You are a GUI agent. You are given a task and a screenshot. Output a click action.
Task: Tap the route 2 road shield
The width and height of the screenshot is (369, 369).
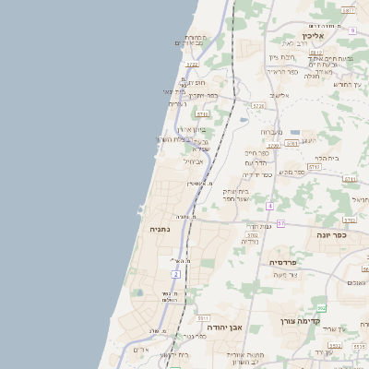click(x=175, y=274)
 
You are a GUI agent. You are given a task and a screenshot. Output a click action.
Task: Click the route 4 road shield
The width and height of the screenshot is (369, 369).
click(x=269, y=206)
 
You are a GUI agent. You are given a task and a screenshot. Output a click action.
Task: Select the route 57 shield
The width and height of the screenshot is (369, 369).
click(x=280, y=224)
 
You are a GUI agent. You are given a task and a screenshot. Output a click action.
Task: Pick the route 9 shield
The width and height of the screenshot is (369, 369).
click(x=352, y=30)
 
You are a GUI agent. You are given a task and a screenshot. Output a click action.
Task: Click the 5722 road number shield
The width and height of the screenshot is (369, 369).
click(x=192, y=65)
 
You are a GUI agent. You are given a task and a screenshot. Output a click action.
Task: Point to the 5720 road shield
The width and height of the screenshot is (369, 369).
click(x=258, y=106)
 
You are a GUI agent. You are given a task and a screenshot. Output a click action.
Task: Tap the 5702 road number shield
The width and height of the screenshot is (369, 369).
click(x=252, y=235)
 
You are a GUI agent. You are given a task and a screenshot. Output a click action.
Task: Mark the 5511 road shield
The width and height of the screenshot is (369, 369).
click(x=203, y=317)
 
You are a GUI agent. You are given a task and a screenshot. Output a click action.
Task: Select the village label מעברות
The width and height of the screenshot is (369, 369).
click(x=272, y=132)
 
